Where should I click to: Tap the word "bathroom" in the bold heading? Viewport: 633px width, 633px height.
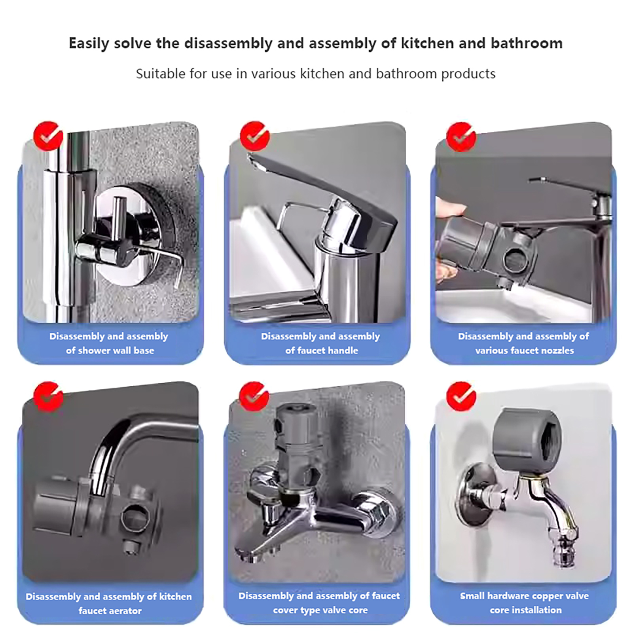click(527, 43)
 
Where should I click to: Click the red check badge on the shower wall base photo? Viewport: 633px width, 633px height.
click(48, 136)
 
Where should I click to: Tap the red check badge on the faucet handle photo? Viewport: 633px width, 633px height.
click(255, 136)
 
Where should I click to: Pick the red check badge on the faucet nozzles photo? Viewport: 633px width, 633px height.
click(461, 136)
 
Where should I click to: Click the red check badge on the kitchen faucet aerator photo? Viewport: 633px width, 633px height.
click(48, 396)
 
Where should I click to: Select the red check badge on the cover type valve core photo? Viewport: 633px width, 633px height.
click(254, 396)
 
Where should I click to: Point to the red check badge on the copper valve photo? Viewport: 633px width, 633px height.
click(461, 396)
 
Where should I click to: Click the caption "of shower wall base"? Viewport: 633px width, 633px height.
click(110, 351)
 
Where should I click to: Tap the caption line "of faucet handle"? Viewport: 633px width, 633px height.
click(322, 351)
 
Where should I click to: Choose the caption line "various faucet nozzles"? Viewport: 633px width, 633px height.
click(524, 351)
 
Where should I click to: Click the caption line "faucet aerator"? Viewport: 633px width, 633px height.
click(110, 611)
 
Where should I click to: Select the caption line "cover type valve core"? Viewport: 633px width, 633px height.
click(320, 610)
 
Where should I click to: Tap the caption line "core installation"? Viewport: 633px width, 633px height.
click(525, 610)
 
